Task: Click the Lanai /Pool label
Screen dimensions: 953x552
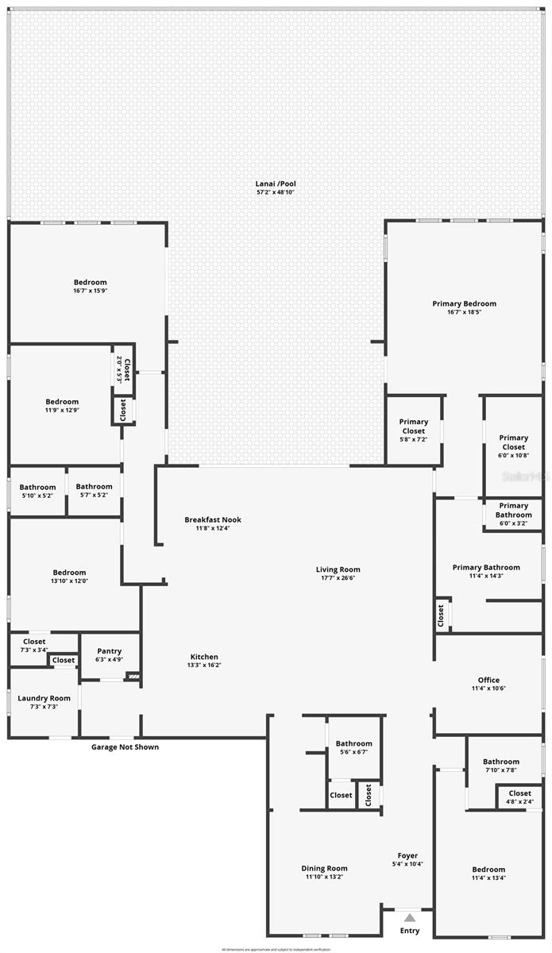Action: (276, 183)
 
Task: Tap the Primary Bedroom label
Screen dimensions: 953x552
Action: (464, 303)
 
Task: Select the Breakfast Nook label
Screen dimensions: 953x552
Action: (213, 520)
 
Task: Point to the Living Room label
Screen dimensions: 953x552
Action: (338, 569)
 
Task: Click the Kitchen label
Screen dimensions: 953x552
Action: (204, 657)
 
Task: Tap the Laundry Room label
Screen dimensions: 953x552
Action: (44, 699)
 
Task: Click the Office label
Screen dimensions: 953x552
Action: (488, 680)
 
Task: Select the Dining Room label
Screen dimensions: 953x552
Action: (324, 869)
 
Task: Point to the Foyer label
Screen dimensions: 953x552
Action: (407, 855)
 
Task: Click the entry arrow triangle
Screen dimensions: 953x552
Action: (410, 917)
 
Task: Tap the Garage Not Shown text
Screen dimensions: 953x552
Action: (125, 747)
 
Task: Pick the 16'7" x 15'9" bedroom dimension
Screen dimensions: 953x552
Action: (90, 291)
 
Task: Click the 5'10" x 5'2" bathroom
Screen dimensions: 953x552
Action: (37, 491)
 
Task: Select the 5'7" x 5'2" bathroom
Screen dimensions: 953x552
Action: (94, 491)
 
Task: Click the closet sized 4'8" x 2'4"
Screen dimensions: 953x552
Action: (519, 797)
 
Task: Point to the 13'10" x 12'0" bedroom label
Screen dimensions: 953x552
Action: (70, 577)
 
